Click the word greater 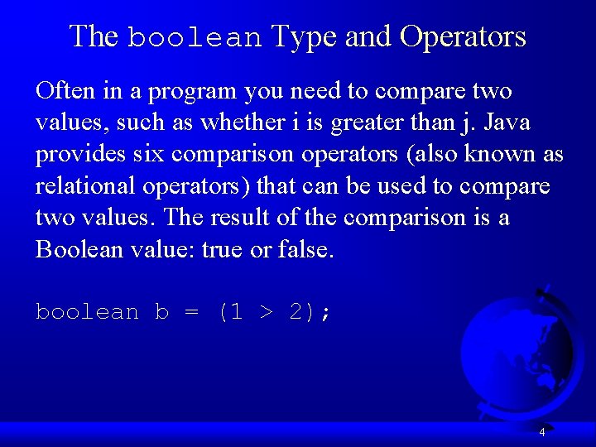point(366,124)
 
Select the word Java point(507,123)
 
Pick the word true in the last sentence point(221,250)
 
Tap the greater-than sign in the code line point(266,313)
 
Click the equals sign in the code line point(192,313)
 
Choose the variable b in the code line point(161,312)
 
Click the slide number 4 point(542,431)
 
